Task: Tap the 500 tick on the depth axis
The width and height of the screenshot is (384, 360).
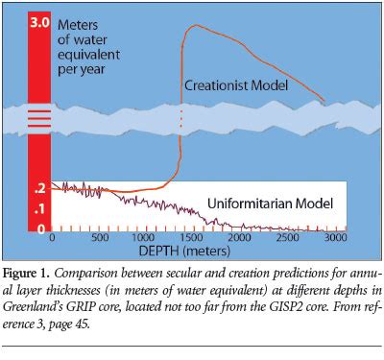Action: (99, 237)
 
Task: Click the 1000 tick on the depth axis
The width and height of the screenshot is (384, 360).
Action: (145, 237)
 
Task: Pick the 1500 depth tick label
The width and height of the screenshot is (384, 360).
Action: (190, 237)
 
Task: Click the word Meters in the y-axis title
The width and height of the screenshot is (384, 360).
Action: (79, 23)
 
